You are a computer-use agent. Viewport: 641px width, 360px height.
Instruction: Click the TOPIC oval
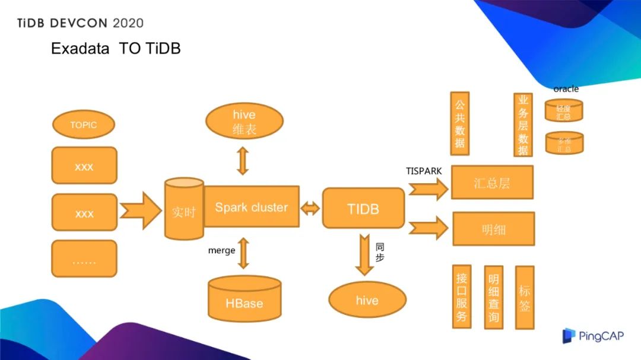point(84,125)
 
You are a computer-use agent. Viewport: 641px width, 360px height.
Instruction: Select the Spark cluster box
point(251,206)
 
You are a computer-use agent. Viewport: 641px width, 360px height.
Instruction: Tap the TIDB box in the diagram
point(363,208)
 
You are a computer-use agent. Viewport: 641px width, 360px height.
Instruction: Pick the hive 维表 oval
point(244,122)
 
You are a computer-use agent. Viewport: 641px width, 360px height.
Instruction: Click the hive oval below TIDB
point(367,300)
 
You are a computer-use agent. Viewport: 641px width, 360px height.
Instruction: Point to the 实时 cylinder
point(183,210)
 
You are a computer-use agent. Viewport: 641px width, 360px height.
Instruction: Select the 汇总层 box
point(492,182)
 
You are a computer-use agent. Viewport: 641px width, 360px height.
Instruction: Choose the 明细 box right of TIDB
point(493,228)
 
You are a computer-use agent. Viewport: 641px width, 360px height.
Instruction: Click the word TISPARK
point(424,171)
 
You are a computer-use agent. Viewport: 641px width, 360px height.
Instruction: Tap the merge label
point(221,250)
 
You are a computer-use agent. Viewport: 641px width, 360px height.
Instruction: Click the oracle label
point(566,89)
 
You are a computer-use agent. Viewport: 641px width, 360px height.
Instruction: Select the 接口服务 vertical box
point(461,297)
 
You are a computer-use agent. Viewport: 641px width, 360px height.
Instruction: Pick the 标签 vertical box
point(525,297)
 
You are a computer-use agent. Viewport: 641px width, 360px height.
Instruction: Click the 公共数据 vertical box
point(460,123)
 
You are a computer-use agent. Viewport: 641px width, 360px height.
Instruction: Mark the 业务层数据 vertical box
point(523,125)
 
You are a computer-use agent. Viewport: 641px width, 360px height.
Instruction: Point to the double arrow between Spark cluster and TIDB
point(310,208)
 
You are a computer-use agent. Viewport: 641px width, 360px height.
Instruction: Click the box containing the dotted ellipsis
point(84,259)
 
